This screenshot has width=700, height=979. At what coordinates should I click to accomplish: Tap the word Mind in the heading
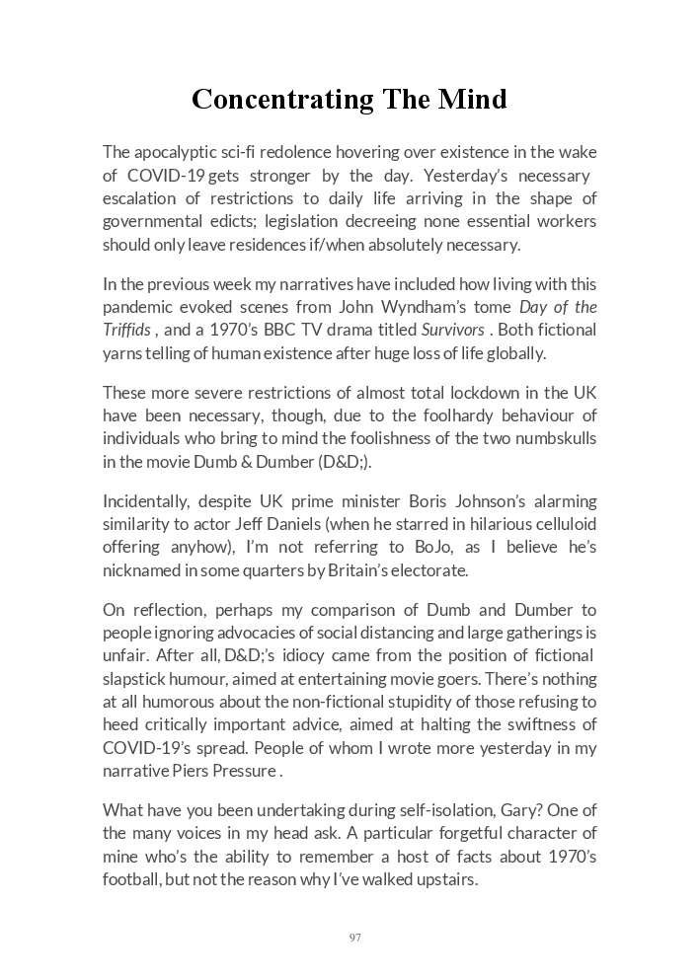[x=470, y=100]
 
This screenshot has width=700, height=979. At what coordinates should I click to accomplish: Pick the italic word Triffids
[x=127, y=330]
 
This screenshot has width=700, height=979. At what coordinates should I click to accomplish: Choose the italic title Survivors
[x=452, y=330]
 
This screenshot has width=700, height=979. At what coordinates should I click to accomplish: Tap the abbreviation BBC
[x=253, y=330]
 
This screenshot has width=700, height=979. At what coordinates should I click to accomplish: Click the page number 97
[x=354, y=938]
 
